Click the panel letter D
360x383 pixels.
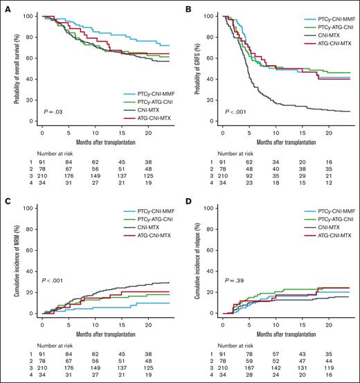point(187,200)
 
